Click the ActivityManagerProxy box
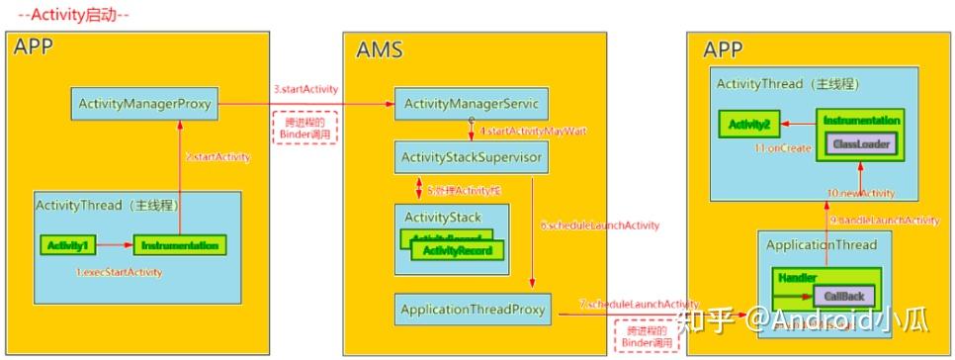[x=144, y=102]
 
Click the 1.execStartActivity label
[x=121, y=271]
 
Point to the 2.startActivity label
[x=217, y=157]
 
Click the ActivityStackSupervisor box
[x=462, y=157]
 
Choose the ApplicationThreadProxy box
[x=473, y=310]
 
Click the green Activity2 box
[x=748, y=125]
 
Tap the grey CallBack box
[x=842, y=296]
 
